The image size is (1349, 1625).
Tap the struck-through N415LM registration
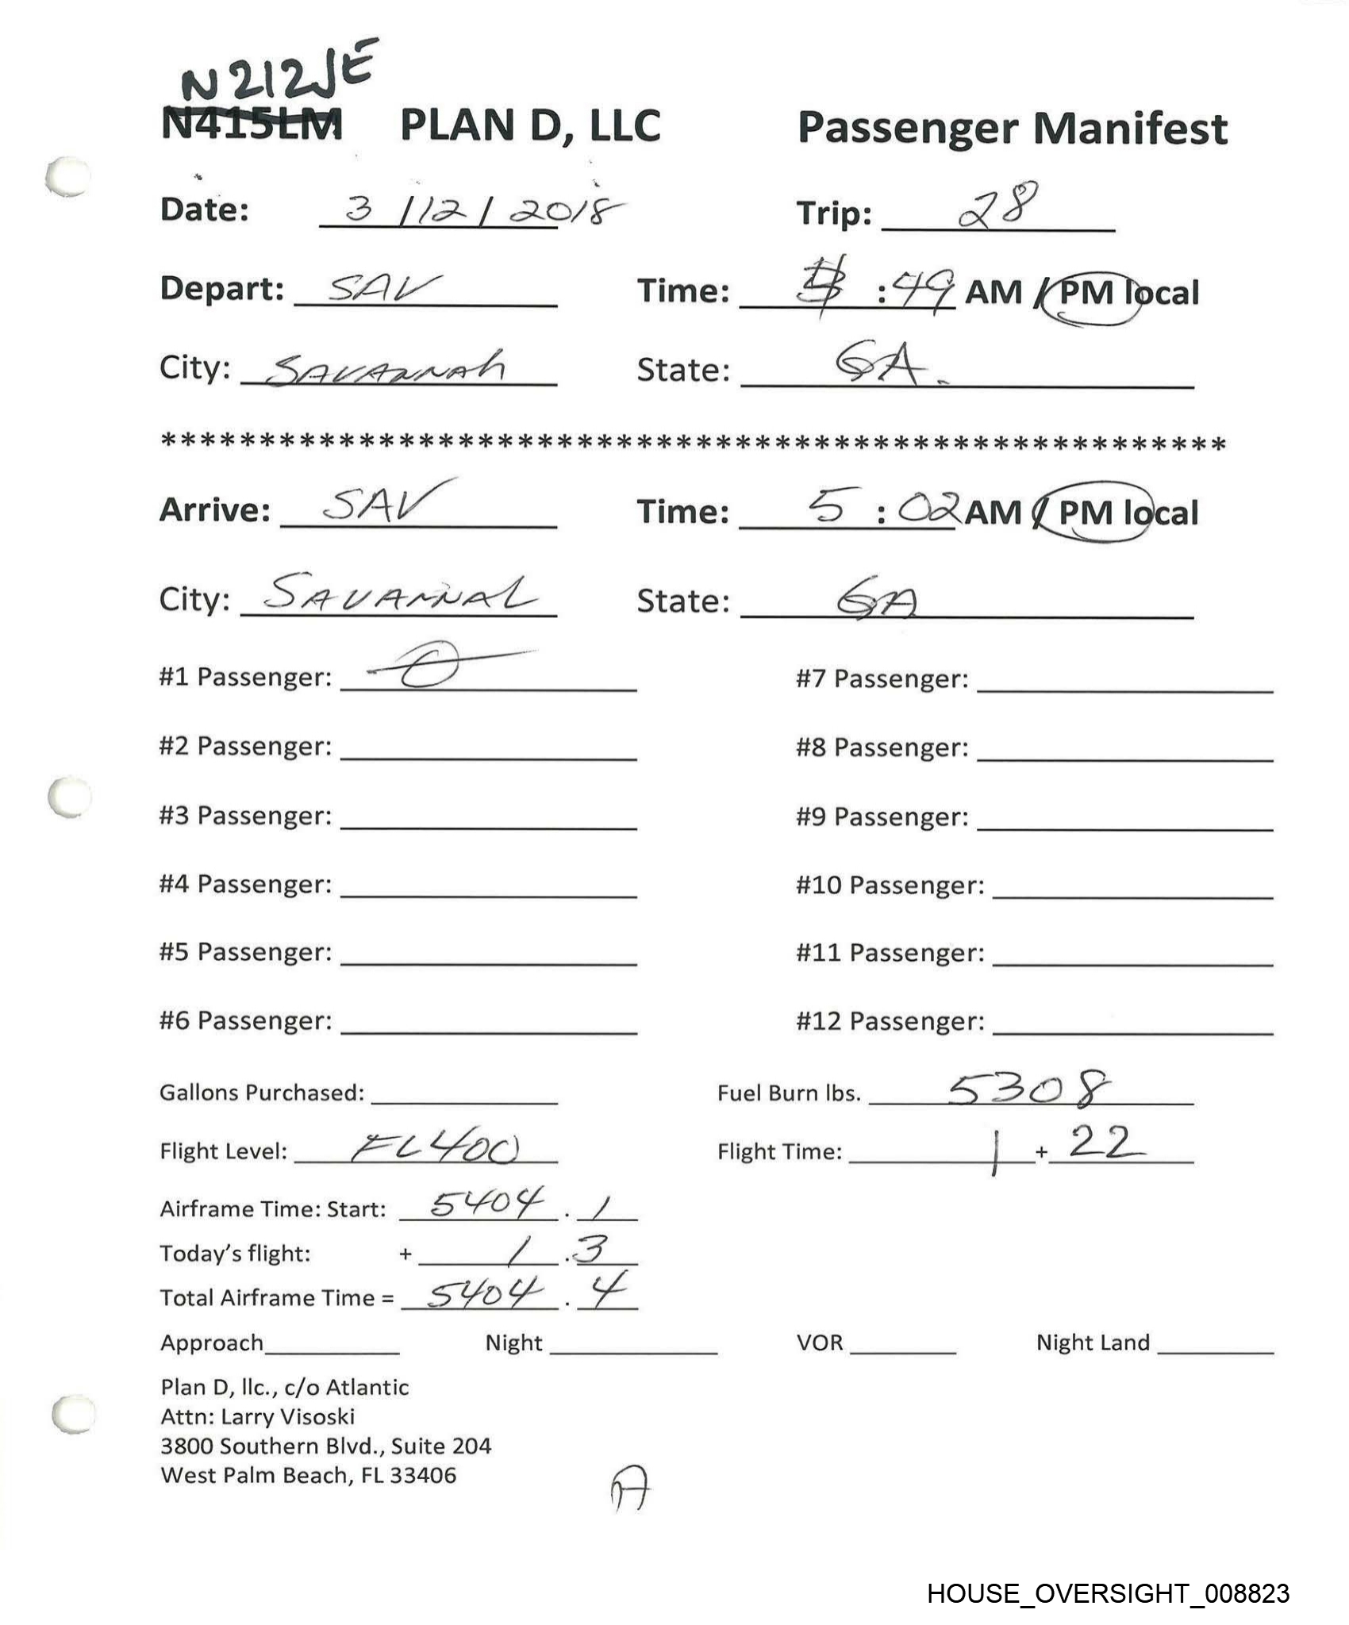click(252, 125)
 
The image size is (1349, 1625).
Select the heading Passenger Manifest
click(1012, 129)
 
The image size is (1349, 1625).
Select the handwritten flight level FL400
click(435, 1147)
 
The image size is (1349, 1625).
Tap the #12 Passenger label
click(890, 1021)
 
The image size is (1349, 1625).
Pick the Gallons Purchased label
click(262, 1093)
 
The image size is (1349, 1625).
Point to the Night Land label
click(1092, 1343)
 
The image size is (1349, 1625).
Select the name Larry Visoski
click(287, 1416)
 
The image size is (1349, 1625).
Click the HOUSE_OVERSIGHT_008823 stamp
click(1108, 1594)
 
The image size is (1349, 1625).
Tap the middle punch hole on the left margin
click(70, 797)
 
